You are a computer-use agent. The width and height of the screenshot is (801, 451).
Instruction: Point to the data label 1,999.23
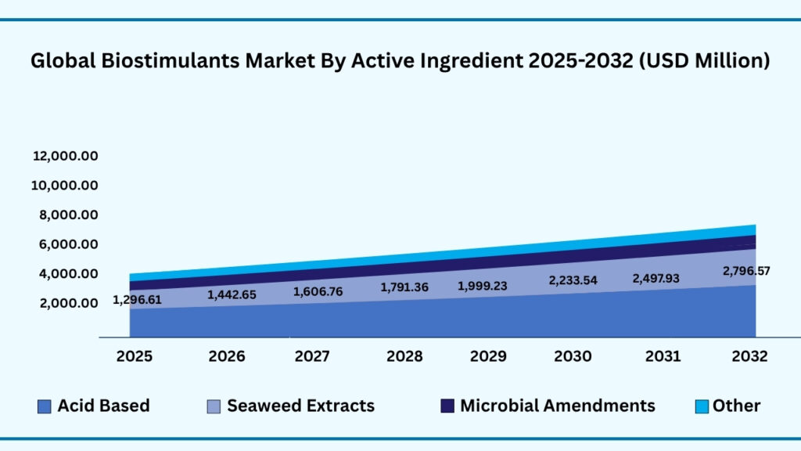click(481, 287)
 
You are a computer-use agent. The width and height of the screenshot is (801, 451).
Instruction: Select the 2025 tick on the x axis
click(135, 356)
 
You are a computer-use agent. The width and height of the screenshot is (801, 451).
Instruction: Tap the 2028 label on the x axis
click(404, 356)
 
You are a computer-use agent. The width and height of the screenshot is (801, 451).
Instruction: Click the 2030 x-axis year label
click(573, 356)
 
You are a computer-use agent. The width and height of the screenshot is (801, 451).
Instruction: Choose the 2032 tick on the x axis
click(749, 356)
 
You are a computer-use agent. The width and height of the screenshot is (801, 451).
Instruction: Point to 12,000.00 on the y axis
click(65, 157)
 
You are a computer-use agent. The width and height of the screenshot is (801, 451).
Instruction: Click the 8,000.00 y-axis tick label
click(65, 215)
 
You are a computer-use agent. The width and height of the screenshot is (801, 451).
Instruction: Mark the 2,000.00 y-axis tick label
click(65, 303)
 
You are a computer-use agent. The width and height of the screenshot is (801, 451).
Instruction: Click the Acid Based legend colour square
click(45, 406)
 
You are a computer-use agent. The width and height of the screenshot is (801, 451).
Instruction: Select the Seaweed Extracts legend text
click(300, 406)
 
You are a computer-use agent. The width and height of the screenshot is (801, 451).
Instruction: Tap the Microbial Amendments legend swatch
click(447, 406)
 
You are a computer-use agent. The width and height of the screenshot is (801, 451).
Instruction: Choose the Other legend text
click(736, 406)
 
